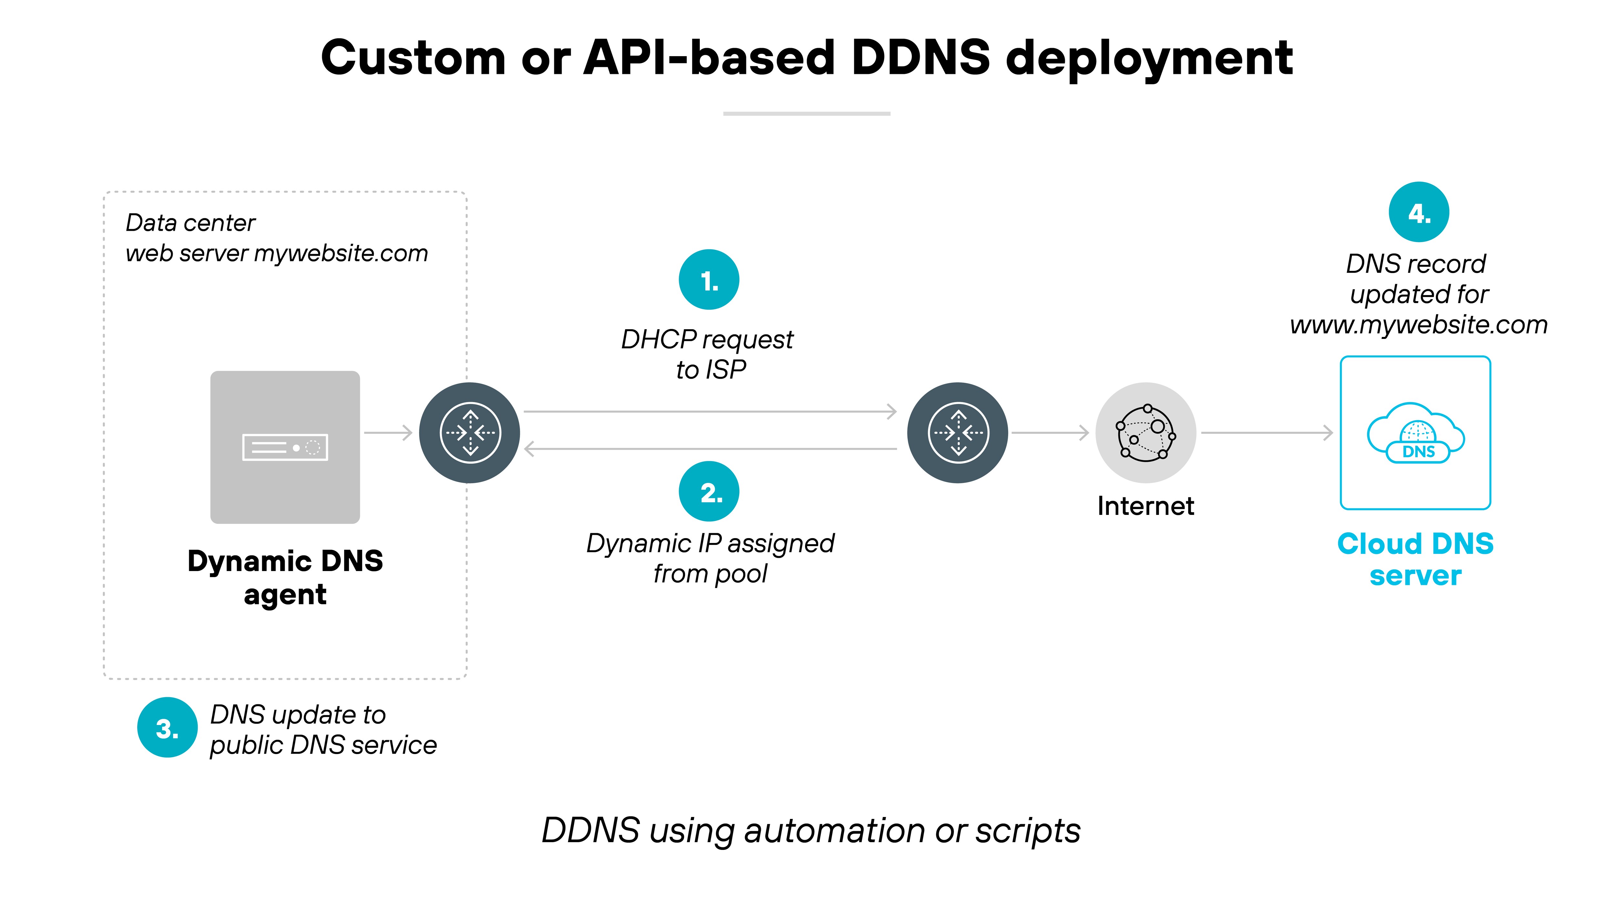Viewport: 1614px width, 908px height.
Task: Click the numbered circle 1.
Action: [x=709, y=280]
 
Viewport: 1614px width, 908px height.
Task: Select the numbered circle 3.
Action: [x=167, y=728]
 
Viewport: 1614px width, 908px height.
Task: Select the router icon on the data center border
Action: [x=469, y=433]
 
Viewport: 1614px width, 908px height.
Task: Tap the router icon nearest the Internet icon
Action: [x=957, y=433]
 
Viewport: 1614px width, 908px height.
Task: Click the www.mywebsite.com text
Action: [x=1418, y=325]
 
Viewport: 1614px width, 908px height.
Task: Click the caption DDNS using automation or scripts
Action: [x=811, y=831]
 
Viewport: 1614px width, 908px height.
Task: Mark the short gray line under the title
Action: [x=806, y=113]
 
